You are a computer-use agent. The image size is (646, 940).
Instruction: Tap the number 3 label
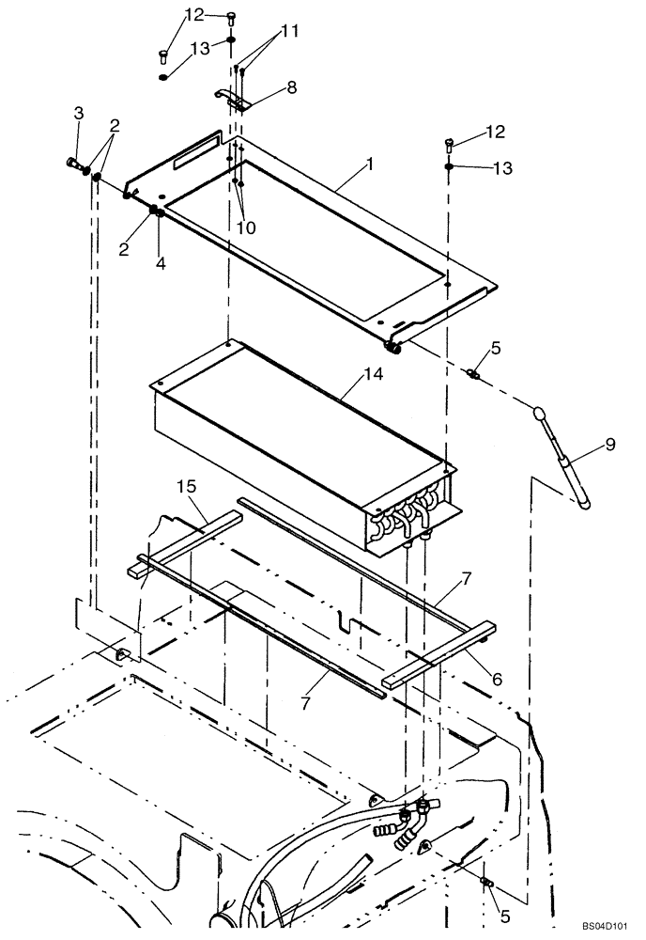click(x=79, y=114)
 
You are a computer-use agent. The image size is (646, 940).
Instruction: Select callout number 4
click(x=161, y=264)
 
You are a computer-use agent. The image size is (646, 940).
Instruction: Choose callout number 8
click(x=291, y=86)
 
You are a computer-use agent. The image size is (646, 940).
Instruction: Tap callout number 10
click(x=247, y=227)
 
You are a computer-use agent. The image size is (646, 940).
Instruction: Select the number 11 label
click(x=288, y=31)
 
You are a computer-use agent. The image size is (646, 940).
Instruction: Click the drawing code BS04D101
click(x=603, y=925)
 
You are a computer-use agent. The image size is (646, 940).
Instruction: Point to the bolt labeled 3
click(x=74, y=164)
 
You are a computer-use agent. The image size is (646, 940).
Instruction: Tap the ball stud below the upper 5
click(x=474, y=375)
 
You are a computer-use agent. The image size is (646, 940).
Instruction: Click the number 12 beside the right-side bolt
click(x=495, y=132)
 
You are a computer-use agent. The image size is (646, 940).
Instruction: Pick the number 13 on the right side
click(x=503, y=168)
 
